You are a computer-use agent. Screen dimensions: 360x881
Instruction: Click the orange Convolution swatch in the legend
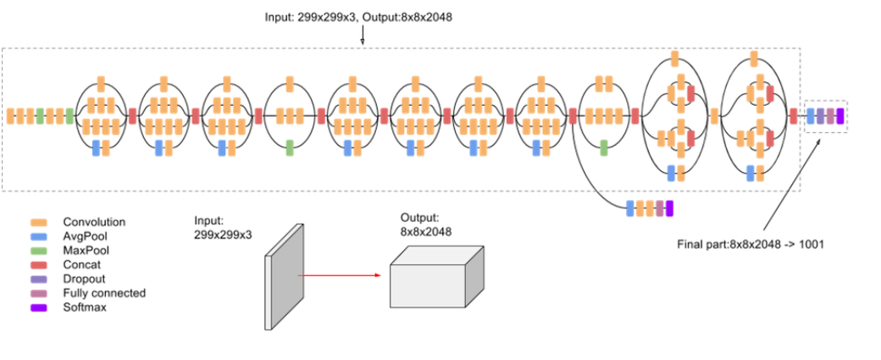pos(39,223)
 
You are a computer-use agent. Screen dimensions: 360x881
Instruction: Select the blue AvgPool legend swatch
pos(39,236)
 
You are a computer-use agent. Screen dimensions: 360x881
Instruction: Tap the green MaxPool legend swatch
pos(39,251)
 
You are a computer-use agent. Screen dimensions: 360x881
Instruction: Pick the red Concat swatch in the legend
pos(39,265)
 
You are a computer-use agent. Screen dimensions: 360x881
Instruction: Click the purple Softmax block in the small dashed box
pos(840,116)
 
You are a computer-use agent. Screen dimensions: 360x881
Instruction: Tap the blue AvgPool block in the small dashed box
pos(811,116)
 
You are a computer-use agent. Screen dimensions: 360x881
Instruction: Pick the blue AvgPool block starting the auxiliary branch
pos(629,208)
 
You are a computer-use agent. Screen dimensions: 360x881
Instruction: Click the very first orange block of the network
pos(11,116)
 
